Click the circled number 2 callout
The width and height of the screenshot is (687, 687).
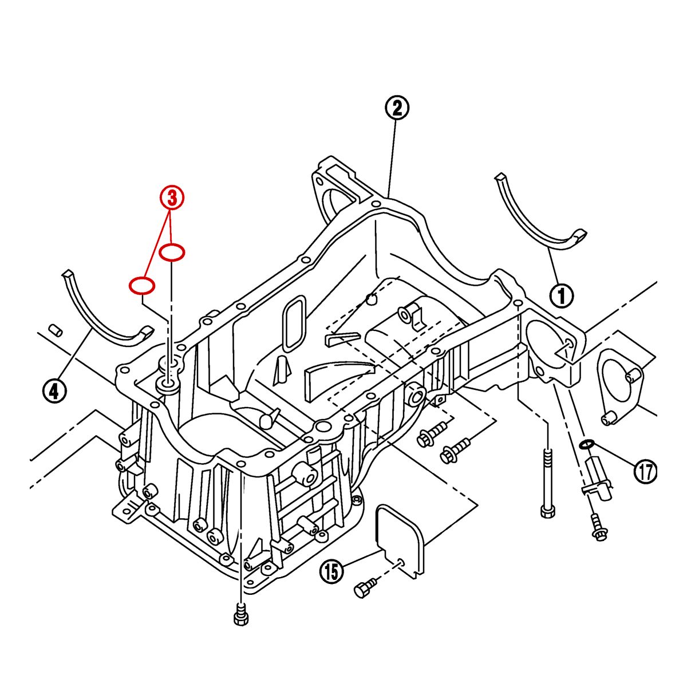point(397,108)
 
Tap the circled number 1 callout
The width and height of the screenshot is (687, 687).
point(562,295)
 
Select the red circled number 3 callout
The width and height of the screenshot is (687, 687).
point(172,198)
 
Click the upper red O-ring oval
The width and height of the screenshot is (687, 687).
point(172,252)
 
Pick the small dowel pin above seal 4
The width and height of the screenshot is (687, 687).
point(55,330)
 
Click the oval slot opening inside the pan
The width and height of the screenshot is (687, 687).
point(295,323)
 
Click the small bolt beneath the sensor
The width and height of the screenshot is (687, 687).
point(599,528)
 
